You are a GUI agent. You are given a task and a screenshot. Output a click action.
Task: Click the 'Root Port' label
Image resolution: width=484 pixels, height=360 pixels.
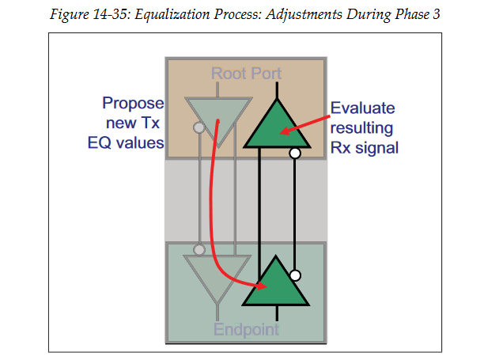[246, 74]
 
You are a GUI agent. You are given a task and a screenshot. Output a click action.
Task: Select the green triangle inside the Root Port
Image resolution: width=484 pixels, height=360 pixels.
[276, 127]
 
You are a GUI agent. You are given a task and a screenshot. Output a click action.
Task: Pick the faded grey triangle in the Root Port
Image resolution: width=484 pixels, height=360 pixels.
[217, 119]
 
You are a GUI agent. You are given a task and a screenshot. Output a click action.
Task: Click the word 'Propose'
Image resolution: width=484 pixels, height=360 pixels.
[133, 104]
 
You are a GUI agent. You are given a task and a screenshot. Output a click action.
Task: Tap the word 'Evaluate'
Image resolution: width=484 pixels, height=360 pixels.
[361, 108]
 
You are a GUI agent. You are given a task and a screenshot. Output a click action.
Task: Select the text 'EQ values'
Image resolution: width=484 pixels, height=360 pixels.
[126, 142]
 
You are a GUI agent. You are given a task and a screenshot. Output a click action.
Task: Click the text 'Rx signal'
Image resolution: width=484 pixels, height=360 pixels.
[364, 147]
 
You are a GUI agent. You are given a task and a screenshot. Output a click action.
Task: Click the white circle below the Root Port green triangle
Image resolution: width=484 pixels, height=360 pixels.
[294, 153]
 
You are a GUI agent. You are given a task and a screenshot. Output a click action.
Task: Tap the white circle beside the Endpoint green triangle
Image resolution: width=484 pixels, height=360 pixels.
[295, 275]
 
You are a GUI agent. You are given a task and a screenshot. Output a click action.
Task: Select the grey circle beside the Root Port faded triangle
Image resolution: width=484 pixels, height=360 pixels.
[199, 127]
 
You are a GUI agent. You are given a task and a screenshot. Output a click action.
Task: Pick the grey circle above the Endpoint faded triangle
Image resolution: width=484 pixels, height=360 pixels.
[199, 249]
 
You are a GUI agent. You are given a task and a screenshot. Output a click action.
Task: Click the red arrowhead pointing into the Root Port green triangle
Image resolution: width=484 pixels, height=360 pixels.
[284, 131]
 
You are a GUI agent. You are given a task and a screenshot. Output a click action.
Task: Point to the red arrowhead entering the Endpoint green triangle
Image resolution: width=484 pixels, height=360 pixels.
[259, 286]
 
